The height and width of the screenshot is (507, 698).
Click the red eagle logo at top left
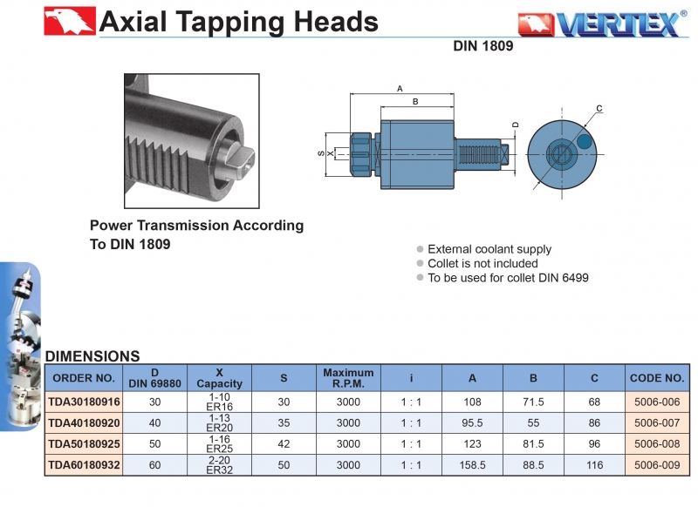tap(70, 21)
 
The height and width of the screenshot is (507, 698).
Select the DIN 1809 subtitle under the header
tap(482, 47)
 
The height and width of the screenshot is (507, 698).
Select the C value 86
tap(594, 422)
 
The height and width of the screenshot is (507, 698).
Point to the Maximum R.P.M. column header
tap(348, 378)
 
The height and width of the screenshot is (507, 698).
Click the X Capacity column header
tap(219, 378)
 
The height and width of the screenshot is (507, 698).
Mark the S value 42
tap(284, 444)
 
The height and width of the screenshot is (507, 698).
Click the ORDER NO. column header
tap(84, 378)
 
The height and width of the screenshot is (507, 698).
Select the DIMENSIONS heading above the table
tap(92, 356)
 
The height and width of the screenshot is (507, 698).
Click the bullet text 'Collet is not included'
tap(482, 263)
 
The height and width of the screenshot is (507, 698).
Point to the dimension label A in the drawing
tap(400, 89)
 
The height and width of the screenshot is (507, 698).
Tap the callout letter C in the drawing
tap(599, 109)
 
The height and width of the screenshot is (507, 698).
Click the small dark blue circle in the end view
tap(585, 140)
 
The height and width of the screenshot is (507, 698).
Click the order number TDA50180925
tap(84, 444)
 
